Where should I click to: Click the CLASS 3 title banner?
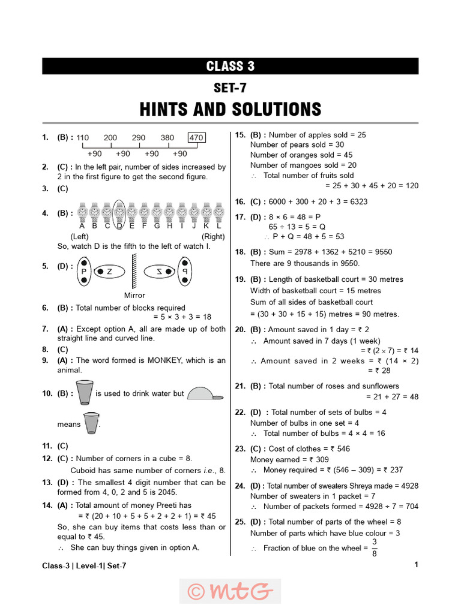pos(230,67)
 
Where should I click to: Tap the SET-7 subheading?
pos(230,88)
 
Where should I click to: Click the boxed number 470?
pos(196,137)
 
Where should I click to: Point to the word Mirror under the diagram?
pos(134,295)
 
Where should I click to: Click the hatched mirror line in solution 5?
pos(135,272)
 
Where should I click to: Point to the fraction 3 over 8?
pos(375,548)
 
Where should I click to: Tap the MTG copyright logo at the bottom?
pos(230,591)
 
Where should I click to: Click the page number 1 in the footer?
pos(416,564)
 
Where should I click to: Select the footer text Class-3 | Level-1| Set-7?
pos(84,565)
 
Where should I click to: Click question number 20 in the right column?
pos(240,329)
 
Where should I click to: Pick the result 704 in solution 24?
pos(411,506)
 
